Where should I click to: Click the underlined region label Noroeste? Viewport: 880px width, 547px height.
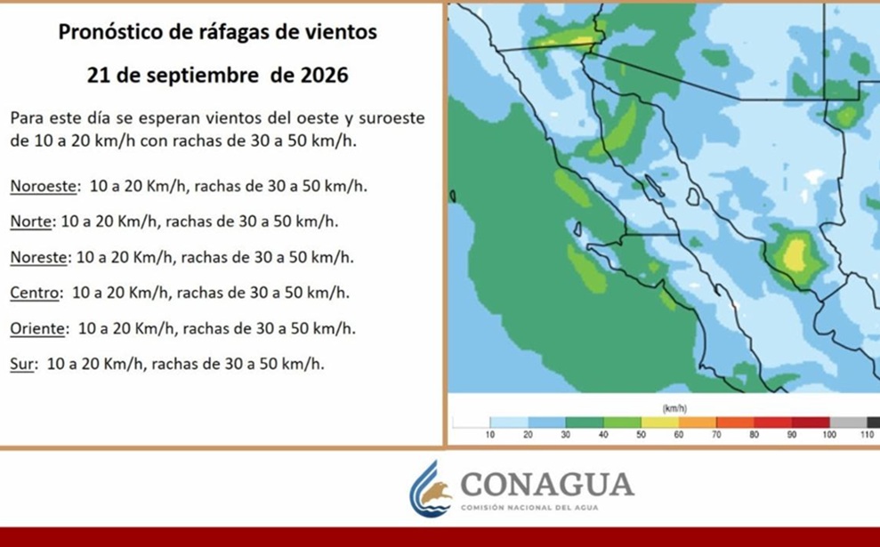(43, 186)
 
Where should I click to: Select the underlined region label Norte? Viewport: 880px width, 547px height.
(31, 221)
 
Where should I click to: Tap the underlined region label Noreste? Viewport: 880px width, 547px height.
(39, 257)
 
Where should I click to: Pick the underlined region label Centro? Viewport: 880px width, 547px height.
(34, 293)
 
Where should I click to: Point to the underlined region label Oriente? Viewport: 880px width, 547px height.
(37, 328)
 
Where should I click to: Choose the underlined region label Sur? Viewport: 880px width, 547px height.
(22, 364)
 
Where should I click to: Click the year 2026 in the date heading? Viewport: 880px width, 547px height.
(325, 75)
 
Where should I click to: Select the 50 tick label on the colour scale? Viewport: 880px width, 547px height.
(641, 435)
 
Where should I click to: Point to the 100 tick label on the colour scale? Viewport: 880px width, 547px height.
(829, 435)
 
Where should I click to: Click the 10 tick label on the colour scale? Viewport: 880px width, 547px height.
(490, 435)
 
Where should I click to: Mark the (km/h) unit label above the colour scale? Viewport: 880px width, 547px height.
(674, 408)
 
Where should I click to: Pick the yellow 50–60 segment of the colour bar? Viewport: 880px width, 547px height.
(660, 422)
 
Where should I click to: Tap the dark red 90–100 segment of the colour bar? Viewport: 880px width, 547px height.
(811, 422)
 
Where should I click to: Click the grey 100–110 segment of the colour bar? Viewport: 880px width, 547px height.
(849, 422)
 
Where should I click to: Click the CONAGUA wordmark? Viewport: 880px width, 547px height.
(547, 486)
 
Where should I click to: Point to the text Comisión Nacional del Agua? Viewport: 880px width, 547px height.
(529, 508)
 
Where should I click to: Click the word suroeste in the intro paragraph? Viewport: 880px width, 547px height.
(392, 118)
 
